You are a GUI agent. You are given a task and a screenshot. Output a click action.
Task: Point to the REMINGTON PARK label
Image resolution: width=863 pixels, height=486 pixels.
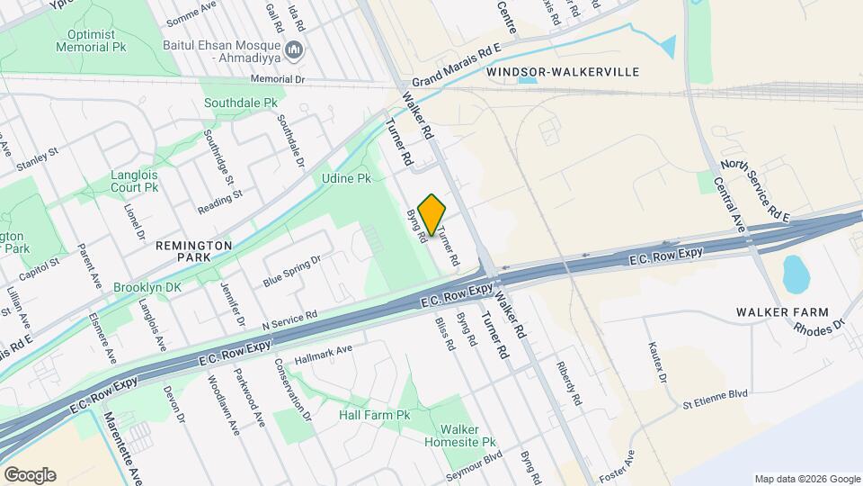tap(194, 245)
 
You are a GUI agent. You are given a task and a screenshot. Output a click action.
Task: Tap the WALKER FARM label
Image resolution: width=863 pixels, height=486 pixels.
tap(770, 311)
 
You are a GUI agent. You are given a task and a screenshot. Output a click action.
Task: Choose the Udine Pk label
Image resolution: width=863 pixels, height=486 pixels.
tap(346, 178)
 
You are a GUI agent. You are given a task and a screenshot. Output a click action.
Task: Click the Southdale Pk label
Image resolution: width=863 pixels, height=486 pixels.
tap(240, 103)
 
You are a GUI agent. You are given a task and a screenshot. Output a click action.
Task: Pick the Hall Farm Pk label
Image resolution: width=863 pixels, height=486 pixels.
tap(374, 415)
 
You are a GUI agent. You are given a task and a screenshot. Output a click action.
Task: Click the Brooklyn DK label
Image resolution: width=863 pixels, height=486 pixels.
tap(147, 288)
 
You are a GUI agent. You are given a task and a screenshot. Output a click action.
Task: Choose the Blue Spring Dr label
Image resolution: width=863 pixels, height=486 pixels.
tap(292, 271)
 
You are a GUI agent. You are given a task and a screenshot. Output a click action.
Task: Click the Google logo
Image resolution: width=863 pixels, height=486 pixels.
tap(30, 474)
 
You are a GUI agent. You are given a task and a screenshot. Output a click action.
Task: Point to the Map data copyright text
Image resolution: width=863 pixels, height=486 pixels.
tap(806, 478)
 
